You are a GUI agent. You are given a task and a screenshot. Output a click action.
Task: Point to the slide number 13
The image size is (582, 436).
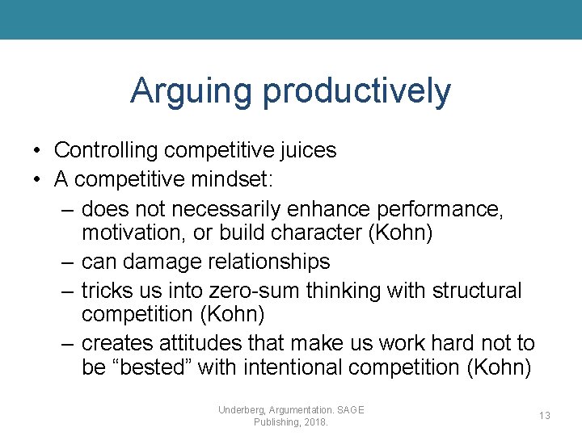(x=545, y=415)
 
